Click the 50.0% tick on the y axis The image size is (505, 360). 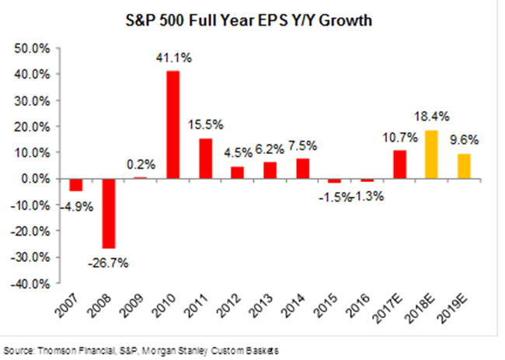(34, 48)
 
